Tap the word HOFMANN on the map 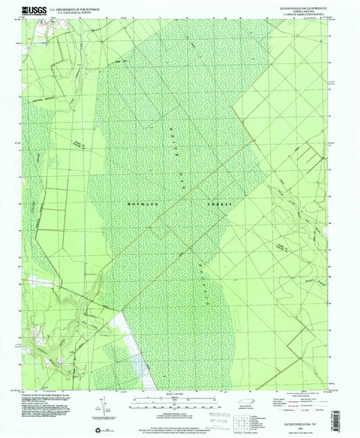pyautogui.click(x=139, y=203)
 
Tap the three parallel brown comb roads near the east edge pyautogui.click(x=310, y=155)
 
